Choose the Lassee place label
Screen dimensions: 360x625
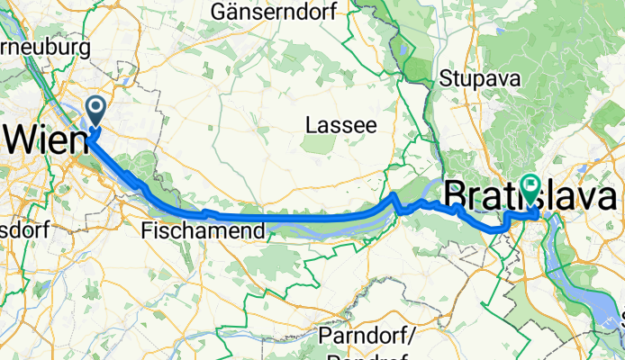point(340,123)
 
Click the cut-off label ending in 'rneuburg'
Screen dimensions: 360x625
point(45,47)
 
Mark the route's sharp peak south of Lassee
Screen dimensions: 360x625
point(394,195)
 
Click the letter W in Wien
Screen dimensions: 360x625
point(23,139)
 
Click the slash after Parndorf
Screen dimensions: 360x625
point(412,336)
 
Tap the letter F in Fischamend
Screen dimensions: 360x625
point(148,231)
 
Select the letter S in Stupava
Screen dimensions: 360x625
point(444,79)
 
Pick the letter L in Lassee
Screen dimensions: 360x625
point(311,123)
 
